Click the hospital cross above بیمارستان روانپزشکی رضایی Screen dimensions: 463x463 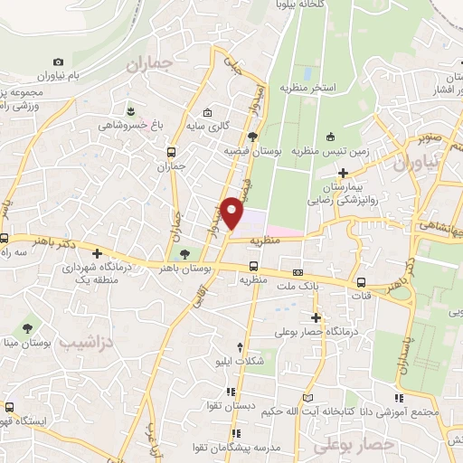click(343, 173)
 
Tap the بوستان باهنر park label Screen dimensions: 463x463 click(185, 269)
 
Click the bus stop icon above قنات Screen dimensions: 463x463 click(361, 281)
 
